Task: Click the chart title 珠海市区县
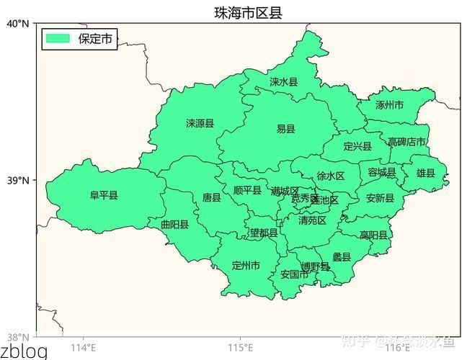(247, 12)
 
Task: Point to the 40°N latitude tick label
(18, 24)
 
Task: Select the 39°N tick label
(18, 180)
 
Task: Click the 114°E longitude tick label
(84, 348)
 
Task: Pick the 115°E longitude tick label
(240, 348)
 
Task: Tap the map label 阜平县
(104, 195)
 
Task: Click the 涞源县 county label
(200, 124)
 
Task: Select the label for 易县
(285, 129)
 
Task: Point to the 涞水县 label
(283, 82)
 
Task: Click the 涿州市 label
(389, 105)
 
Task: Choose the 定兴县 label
(357, 147)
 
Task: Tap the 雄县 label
(426, 173)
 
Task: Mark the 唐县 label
(211, 197)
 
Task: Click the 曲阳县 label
(174, 225)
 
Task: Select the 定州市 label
(246, 266)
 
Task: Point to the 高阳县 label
(373, 235)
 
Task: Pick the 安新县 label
(380, 198)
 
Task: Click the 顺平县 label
(247, 190)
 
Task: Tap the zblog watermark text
(24, 351)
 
